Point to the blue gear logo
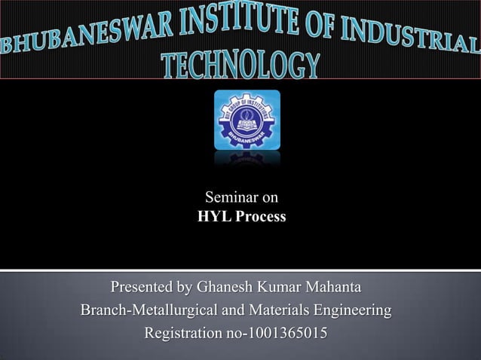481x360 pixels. (247, 120)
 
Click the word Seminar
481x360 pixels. (228, 198)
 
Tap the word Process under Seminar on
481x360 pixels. (259, 218)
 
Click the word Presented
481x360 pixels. (142, 288)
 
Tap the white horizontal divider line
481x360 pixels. (240, 269)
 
